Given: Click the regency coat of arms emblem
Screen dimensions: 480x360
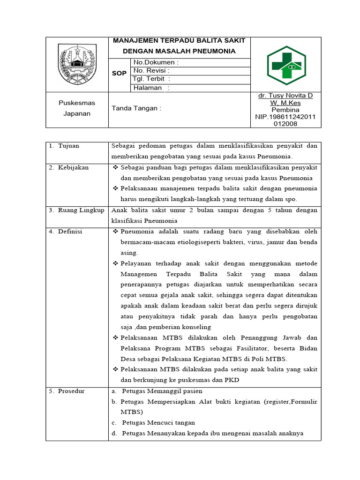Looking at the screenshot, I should point(77,64).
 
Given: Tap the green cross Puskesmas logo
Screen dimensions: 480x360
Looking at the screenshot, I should point(286,64).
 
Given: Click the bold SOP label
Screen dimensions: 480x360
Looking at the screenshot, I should point(119,74).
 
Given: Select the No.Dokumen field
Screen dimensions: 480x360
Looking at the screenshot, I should point(156,62).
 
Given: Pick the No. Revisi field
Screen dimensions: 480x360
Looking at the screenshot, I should point(152,71).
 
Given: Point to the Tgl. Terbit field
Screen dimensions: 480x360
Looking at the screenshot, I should point(151,79).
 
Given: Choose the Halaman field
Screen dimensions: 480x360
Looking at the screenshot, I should point(151,88).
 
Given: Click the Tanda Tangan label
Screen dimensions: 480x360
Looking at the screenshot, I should point(136,108).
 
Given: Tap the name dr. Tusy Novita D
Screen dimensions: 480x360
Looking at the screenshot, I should point(285,96).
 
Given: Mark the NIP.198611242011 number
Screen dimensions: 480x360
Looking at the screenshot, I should point(285,117).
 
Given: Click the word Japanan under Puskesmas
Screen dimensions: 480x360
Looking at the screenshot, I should point(77,113).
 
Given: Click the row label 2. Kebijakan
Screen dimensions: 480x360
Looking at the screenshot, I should point(69,167).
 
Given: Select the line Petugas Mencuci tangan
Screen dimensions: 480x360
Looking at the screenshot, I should point(152,422).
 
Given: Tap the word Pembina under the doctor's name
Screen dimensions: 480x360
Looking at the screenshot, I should point(285,110).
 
